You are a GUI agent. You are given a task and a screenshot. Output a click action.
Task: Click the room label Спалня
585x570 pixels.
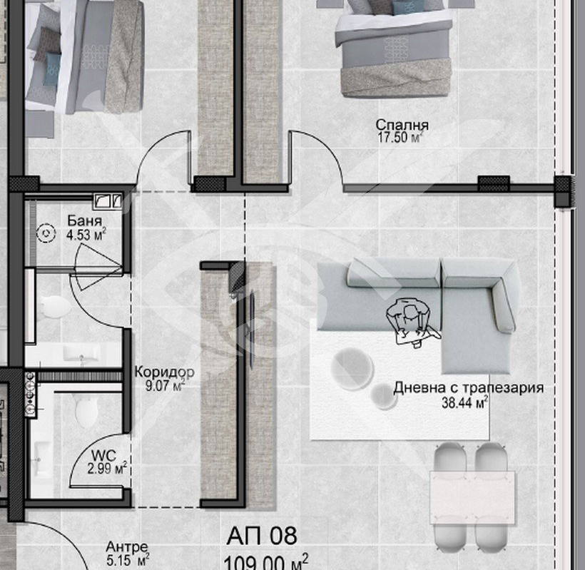[x=402, y=125]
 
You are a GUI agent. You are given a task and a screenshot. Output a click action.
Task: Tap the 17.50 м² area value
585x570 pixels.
[x=400, y=137]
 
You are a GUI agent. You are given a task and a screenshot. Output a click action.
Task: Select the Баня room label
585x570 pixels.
[x=85, y=221]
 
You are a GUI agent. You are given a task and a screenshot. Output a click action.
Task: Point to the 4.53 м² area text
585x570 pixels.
[x=86, y=235]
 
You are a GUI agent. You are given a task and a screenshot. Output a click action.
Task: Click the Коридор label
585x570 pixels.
[x=164, y=372]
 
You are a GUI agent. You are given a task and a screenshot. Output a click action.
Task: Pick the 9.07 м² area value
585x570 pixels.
[x=166, y=385]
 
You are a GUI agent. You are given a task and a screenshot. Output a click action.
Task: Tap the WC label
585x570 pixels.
[x=103, y=455]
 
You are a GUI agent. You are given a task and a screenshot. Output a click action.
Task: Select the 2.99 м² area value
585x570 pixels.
[x=108, y=468]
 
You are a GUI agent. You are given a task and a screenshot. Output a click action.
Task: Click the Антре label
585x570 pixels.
[x=127, y=547]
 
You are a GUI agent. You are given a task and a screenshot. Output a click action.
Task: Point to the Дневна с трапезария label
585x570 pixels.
[x=468, y=388]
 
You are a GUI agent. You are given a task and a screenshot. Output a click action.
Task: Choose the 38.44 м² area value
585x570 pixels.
[x=465, y=402]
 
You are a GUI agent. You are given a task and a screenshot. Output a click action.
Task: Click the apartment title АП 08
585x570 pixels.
[x=262, y=536]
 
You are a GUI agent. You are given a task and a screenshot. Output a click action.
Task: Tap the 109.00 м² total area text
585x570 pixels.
[x=266, y=561]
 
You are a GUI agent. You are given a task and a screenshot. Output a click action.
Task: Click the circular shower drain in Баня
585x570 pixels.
[x=46, y=233]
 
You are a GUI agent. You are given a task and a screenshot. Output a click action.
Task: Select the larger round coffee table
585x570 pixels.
[x=352, y=370]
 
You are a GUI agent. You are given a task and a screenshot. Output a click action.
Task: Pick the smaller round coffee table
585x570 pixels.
[x=384, y=396]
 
